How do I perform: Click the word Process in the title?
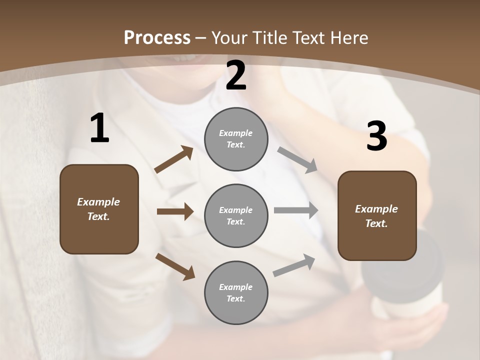pos(157,37)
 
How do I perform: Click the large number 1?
pos(99,128)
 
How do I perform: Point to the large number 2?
pos(236,75)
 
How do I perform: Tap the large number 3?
pos(376,136)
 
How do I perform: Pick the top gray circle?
pos(236,139)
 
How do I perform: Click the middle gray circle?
pos(236,216)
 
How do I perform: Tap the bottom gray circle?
pos(236,293)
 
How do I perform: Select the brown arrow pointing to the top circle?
pos(174,159)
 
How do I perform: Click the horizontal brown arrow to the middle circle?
pos(175,211)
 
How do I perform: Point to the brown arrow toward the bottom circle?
pos(175,266)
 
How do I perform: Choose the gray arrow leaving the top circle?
pos(297,160)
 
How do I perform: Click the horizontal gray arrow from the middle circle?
pos(296,210)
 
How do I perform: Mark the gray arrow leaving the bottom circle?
pos(294,265)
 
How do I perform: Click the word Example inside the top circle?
pos(235,133)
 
